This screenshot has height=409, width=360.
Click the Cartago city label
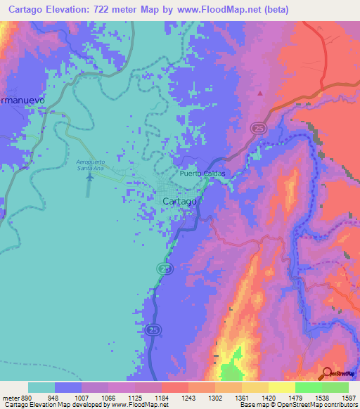point(179,201)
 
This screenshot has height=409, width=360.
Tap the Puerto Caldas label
point(204,173)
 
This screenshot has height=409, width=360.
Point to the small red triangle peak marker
point(259,92)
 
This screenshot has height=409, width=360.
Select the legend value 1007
point(96,397)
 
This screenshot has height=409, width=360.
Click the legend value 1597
point(347,397)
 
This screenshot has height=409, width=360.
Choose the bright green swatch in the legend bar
point(308,387)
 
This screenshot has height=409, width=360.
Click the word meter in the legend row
point(11,397)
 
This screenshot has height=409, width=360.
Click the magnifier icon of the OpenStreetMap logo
point(328,373)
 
